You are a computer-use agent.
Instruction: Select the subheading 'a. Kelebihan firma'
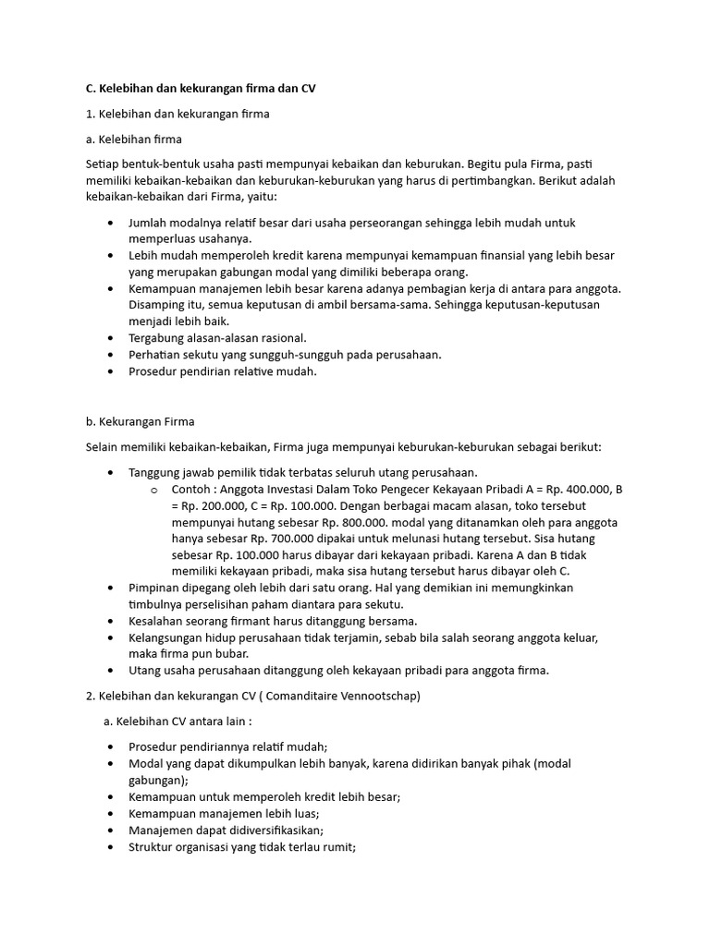click(133, 139)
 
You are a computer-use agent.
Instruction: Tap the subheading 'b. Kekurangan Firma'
click(140, 421)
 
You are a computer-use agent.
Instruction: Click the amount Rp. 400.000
click(571, 490)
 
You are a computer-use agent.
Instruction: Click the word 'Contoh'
click(191, 490)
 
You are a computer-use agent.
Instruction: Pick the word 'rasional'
click(277, 338)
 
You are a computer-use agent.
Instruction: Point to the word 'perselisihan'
click(222, 604)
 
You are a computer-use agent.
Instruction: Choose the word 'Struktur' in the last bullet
click(152, 846)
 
